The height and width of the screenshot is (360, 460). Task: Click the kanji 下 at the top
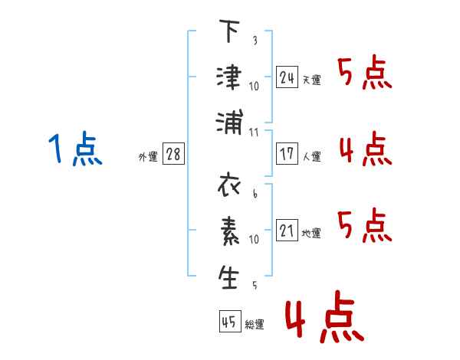click(229, 32)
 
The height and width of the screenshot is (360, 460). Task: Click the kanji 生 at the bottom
click(229, 277)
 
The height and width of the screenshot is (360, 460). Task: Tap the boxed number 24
click(287, 77)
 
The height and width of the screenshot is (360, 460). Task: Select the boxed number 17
click(287, 154)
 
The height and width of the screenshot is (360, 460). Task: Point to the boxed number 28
click(173, 154)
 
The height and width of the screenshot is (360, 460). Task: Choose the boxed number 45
click(229, 322)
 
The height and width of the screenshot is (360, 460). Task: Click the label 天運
click(312, 80)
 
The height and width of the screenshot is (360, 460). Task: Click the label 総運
click(255, 325)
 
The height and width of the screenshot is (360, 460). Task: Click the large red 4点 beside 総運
click(324, 320)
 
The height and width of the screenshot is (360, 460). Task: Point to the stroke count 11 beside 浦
click(255, 131)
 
